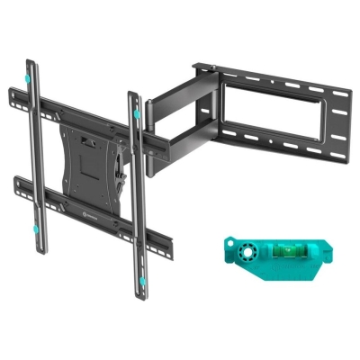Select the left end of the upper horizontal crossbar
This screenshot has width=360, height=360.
pos(11,90)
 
